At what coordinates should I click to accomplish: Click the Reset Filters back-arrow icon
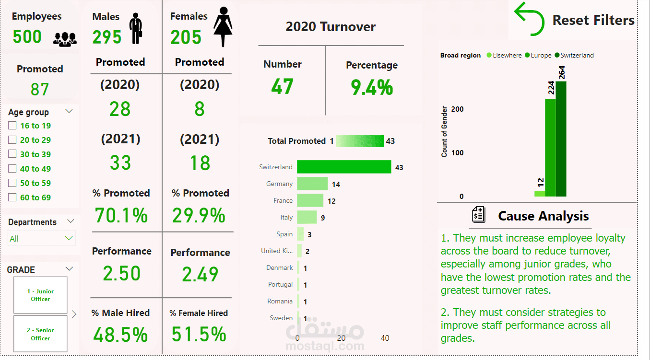[x=529, y=19]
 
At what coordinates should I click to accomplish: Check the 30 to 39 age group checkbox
[x=12, y=154]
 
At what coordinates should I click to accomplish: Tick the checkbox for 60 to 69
[x=12, y=197]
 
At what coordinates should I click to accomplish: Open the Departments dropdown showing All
[x=41, y=238]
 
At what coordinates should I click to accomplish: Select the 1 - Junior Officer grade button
[x=40, y=295]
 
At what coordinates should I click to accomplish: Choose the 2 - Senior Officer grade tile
[x=40, y=334]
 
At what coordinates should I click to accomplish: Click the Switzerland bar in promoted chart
[x=344, y=167]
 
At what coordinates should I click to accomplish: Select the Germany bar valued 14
[x=312, y=184]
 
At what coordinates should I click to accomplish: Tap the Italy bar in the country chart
[x=307, y=217]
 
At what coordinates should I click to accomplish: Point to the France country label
[x=283, y=200]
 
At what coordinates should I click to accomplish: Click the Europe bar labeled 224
[x=550, y=147]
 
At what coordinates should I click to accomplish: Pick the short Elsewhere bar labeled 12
[x=540, y=194]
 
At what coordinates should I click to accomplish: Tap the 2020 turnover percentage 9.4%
[x=372, y=87]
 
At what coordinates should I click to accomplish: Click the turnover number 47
[x=282, y=86]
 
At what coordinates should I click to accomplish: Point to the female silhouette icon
[x=223, y=27]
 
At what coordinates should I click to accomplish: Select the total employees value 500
[x=27, y=36]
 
